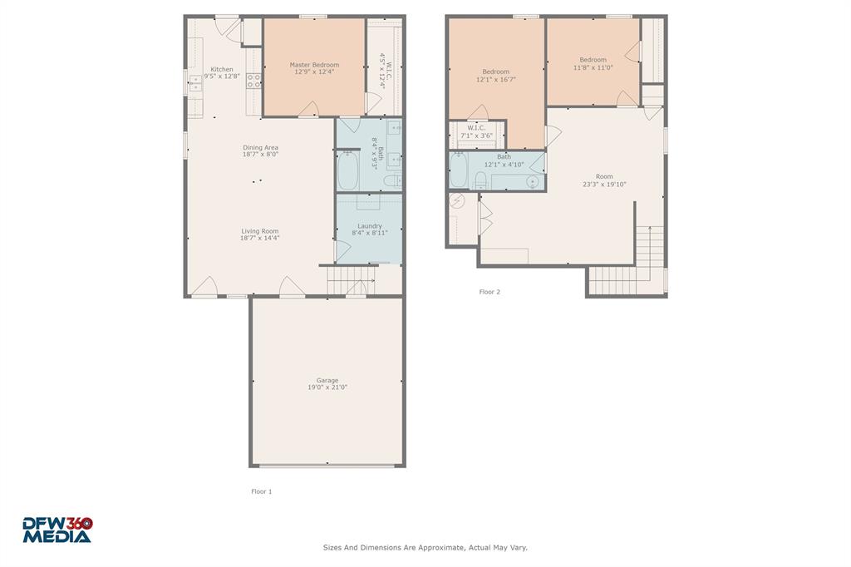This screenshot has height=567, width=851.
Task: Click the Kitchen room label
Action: click(221, 72)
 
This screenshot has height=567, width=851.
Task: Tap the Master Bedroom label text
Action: click(314, 68)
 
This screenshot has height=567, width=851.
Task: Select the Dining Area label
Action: click(260, 150)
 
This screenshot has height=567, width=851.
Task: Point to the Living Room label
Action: click(260, 234)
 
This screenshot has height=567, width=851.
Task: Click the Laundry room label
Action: click(370, 229)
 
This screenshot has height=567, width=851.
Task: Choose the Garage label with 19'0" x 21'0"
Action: click(327, 383)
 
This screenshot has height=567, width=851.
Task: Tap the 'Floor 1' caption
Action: click(262, 491)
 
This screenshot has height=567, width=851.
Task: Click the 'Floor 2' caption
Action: click(489, 292)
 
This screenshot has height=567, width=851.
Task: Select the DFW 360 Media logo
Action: click(57, 530)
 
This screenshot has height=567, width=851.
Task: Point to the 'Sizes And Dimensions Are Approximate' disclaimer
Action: click(425, 548)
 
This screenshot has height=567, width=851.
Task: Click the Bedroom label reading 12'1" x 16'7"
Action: click(496, 76)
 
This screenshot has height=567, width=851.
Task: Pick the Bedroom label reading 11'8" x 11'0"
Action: click(593, 63)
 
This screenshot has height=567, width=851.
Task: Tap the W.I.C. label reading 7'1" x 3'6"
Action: click(476, 131)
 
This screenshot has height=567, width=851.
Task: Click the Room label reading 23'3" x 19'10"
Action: click(604, 180)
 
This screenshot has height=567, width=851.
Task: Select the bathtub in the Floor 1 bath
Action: click(347, 170)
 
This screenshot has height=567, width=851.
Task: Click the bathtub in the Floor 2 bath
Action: click(459, 170)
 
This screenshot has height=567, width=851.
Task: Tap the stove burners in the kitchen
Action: click(253, 81)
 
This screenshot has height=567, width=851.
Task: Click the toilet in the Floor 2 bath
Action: click(481, 181)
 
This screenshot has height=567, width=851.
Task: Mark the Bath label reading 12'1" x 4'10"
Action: click(504, 160)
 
